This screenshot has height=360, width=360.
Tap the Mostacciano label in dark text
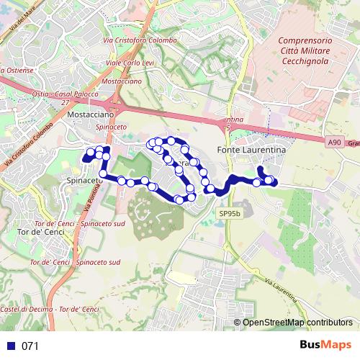90,114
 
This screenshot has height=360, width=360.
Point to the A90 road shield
333,143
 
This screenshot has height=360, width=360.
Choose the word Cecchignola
303,62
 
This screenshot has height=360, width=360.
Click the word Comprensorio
303,42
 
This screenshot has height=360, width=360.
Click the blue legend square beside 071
10,346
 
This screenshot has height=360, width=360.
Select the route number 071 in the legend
30,346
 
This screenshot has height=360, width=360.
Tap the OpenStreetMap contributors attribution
297,323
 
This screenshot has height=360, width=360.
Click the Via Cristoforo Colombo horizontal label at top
140,40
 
